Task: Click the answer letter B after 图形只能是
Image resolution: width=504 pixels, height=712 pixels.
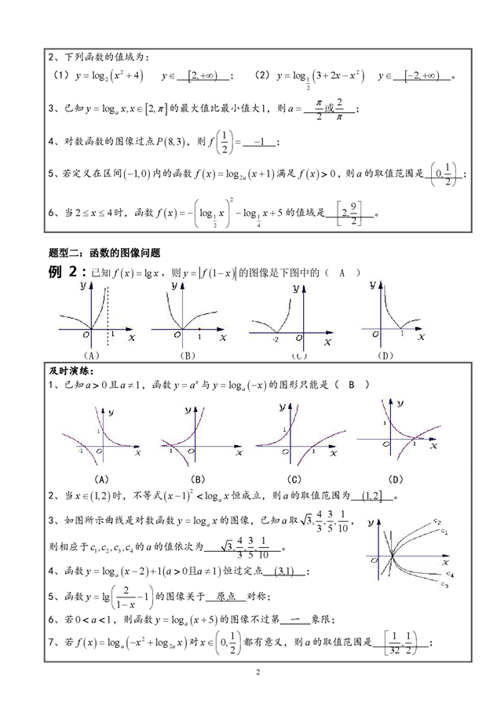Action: click(x=352, y=385)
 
